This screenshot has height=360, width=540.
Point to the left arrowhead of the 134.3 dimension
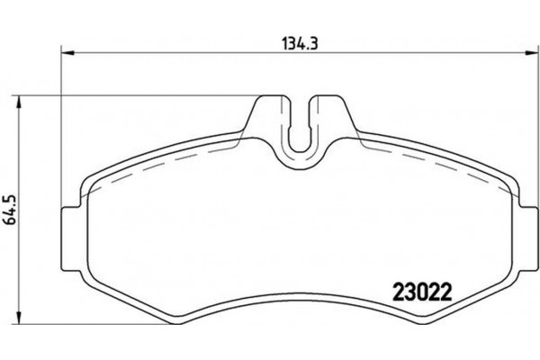[64, 50]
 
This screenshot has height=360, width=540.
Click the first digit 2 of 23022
[399, 292]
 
